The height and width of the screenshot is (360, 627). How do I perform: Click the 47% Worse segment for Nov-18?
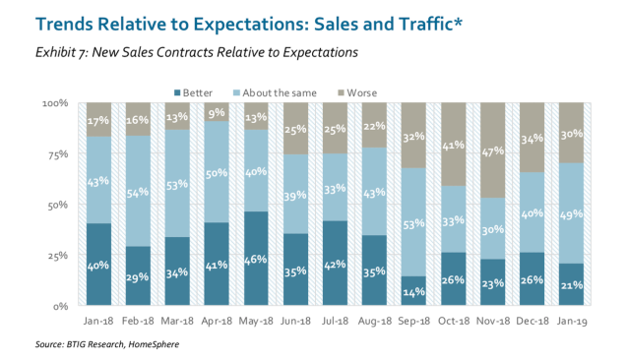(x=492, y=150)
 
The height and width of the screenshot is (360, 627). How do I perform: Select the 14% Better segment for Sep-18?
(x=413, y=291)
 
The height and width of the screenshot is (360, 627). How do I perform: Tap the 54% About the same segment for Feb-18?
(x=138, y=191)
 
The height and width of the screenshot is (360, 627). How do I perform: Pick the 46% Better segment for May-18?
(x=256, y=259)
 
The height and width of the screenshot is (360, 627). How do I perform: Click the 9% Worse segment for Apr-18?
(x=217, y=112)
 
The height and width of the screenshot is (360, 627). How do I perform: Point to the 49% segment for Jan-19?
(x=572, y=213)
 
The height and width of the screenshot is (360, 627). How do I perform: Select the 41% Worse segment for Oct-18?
(x=454, y=145)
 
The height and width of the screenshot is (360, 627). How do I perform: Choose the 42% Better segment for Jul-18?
(x=335, y=264)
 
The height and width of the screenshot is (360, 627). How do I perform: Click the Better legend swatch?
(x=177, y=93)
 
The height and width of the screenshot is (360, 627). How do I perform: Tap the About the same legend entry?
(x=275, y=93)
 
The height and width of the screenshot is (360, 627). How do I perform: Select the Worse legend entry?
(x=357, y=93)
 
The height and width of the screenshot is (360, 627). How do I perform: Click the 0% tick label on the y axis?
(x=61, y=307)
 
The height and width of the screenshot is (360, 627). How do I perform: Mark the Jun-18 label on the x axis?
(x=295, y=322)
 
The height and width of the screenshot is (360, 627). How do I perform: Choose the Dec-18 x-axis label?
(x=533, y=322)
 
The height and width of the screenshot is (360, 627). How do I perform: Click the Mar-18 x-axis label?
(x=177, y=322)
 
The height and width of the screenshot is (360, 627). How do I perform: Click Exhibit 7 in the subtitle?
(x=61, y=52)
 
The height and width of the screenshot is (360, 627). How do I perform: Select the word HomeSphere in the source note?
(x=154, y=344)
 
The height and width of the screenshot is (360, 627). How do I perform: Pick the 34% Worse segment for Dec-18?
(x=533, y=138)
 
